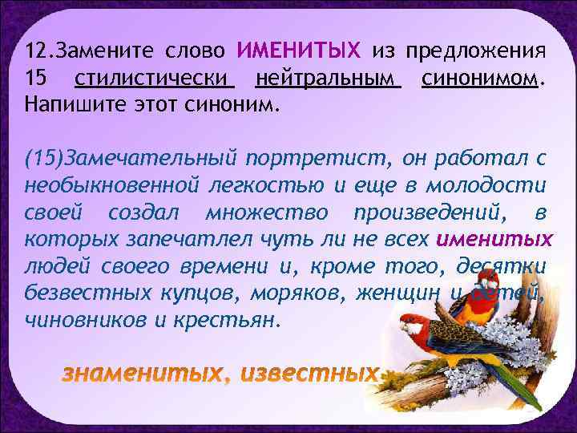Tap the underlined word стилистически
[153, 79]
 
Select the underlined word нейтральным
[327, 79]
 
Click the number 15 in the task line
[36, 79]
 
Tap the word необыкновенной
[111, 185]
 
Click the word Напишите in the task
[66, 105]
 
